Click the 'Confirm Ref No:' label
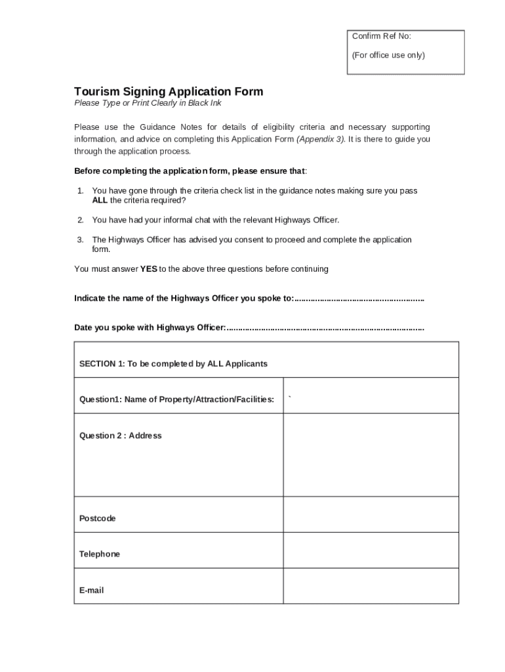tap(382, 36)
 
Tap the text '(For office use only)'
tap(388, 55)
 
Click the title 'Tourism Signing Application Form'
tap(169, 91)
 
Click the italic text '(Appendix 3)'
tap(321, 139)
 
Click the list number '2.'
tap(80, 220)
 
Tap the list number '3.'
tap(80, 240)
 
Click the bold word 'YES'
tap(148, 269)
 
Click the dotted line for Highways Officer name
tap(359, 299)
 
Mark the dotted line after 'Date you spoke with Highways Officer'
tap(325, 327)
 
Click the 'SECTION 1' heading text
tap(173, 364)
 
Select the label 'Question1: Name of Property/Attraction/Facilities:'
tap(177, 399)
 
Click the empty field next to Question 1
tap(371, 396)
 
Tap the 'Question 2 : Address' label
tap(120, 436)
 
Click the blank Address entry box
tap(371, 455)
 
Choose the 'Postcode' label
tap(97, 518)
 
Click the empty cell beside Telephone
tap(371, 550)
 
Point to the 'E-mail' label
tap(91, 591)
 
